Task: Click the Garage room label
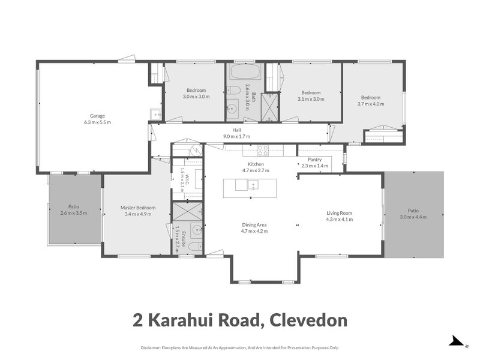point(97,116)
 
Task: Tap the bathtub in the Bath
point(245,71)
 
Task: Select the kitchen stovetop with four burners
point(262,151)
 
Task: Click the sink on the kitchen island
point(253,185)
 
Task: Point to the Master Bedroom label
point(138,208)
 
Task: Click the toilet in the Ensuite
point(195,247)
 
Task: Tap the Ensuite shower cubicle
point(188,211)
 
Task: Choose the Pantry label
point(314,160)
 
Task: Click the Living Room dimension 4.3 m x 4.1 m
point(339,219)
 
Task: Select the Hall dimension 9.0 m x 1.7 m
point(236,136)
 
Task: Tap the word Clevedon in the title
point(308,320)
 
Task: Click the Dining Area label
point(254,224)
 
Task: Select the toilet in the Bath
point(233,91)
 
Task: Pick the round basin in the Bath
point(232,108)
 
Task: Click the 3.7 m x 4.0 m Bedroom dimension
point(371,104)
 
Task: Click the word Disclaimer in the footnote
point(151,348)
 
